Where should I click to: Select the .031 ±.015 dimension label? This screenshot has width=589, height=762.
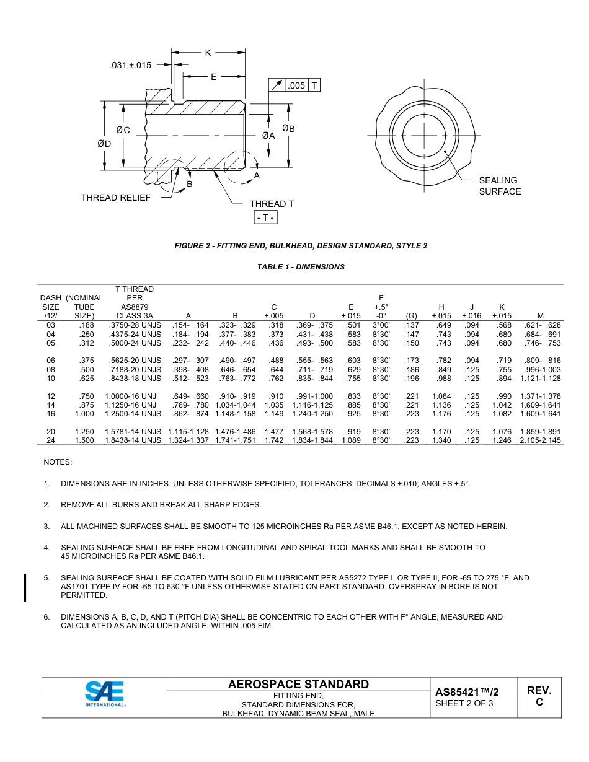[x=130, y=64]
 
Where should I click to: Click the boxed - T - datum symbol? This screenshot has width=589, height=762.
[x=265, y=217]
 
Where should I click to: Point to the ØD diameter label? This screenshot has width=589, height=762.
[x=104, y=143]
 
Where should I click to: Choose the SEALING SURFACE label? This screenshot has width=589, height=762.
[x=499, y=186]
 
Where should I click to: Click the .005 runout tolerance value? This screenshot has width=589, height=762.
[x=297, y=85]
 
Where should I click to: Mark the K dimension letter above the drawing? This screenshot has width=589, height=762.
[x=208, y=53]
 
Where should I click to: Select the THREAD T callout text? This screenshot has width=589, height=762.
[x=272, y=204]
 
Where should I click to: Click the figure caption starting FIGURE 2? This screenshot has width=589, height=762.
[x=301, y=246]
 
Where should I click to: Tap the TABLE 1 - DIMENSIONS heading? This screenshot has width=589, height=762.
[x=301, y=267]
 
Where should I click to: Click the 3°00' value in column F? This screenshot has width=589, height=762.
[x=381, y=325]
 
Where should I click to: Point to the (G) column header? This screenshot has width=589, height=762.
[x=411, y=315]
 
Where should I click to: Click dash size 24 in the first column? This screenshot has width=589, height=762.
[x=51, y=440]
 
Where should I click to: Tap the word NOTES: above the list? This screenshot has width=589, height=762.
[x=58, y=462]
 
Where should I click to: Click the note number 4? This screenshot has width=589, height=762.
[x=46, y=548]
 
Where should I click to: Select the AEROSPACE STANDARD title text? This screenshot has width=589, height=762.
[x=298, y=684]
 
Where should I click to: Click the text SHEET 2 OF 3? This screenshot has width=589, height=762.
[x=464, y=703]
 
